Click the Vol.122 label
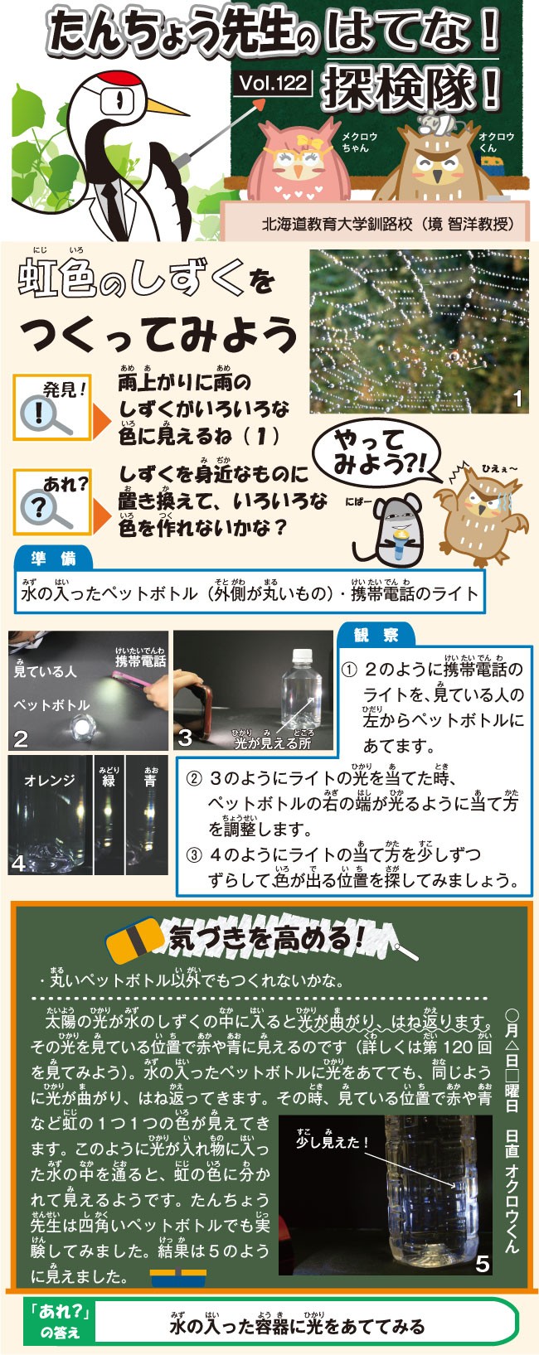click(x=274, y=83)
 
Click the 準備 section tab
click(x=54, y=559)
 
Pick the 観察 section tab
click(x=376, y=635)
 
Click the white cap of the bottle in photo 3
click(x=303, y=656)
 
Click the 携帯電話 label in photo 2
click(x=140, y=661)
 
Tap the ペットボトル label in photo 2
click(x=51, y=704)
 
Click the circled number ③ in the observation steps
click(x=193, y=855)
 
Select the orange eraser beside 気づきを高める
click(x=135, y=940)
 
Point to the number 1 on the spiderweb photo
click(x=517, y=399)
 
